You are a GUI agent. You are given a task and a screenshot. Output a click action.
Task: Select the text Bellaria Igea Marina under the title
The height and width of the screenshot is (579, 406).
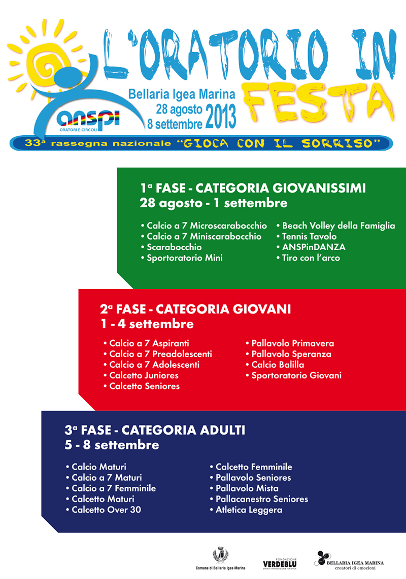pos(182,94)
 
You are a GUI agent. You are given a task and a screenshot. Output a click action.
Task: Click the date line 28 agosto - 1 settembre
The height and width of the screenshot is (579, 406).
pos(214,203)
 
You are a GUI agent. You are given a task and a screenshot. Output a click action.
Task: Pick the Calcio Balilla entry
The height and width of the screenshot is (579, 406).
pos(278,365)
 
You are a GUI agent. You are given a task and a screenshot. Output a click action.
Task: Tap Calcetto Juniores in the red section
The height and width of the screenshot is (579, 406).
pos(144,375)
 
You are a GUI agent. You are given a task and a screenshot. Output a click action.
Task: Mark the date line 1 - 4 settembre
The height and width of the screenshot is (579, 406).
pos(147,323)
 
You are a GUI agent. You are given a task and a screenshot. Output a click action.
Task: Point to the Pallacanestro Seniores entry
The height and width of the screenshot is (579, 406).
pos(262,499)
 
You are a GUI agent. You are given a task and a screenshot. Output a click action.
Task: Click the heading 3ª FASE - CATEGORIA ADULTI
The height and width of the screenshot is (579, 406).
pos(155,431)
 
